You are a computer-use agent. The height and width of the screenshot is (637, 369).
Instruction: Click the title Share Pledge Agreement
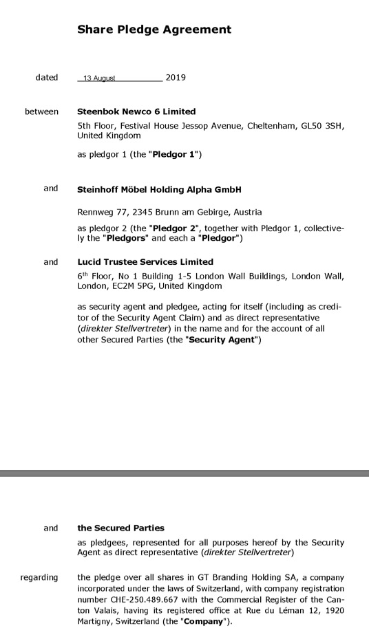[x=154, y=30]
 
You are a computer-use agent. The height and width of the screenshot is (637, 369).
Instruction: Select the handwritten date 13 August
[x=99, y=78]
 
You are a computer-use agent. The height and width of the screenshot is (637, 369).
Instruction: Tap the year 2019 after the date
[x=176, y=78]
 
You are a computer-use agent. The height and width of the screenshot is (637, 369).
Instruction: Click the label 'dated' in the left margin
[x=47, y=78]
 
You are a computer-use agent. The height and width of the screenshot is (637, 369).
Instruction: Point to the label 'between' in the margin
[x=41, y=111]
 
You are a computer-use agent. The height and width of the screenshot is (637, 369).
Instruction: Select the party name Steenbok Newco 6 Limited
[x=136, y=111]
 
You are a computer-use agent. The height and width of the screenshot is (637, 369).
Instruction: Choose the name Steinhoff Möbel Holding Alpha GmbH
[x=159, y=189]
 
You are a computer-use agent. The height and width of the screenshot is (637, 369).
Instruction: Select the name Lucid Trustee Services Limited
[x=145, y=262]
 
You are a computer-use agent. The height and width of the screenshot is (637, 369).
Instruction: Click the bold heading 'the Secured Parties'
[x=120, y=528]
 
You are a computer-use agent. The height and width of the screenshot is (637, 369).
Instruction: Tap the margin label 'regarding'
[x=39, y=577]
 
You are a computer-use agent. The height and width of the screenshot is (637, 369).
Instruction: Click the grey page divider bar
[x=184, y=473]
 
